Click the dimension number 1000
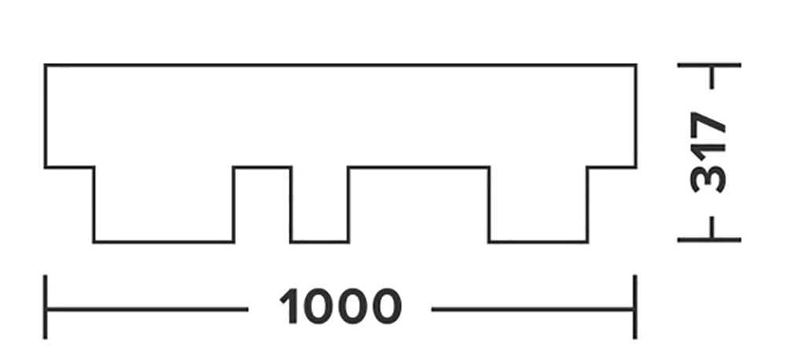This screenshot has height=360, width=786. coord(340,306)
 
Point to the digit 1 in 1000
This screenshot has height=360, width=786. coord(290,306)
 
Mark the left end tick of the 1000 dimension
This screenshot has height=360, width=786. coord(45,307)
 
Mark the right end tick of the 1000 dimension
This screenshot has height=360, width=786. coord(635,307)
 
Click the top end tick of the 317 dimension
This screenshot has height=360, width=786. coord(709,64)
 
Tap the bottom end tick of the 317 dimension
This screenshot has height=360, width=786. coord(709,241)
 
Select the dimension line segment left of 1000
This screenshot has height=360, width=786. coord(146,310)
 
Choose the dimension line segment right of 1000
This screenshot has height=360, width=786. coord(534,310)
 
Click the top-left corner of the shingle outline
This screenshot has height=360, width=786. coord(45,64)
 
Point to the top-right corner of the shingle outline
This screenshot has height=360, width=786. coord(636,64)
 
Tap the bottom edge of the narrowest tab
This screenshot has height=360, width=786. coord(319,242)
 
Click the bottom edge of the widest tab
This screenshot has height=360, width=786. coord(163,242)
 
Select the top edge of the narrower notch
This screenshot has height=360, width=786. coord(263,167)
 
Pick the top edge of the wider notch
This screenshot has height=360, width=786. coord(419,167)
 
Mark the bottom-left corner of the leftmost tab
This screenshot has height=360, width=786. coord(94,242)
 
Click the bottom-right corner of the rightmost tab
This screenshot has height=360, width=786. coord(587,242)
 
